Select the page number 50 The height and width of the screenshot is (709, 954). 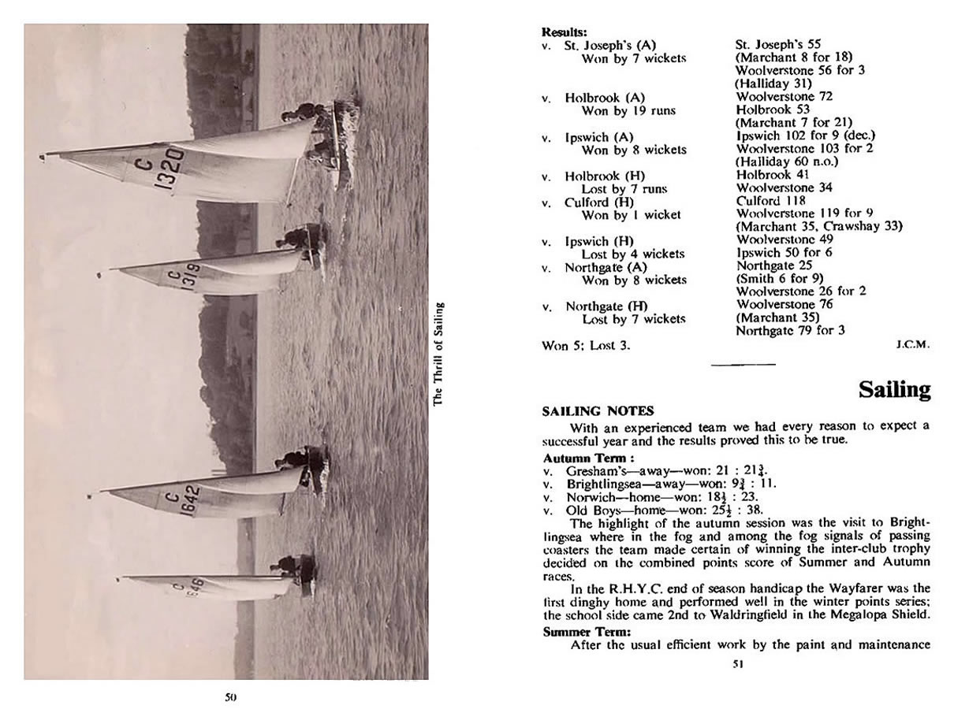coord(231,696)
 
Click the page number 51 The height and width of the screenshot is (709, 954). coord(738,664)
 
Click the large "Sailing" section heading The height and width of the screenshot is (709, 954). coord(894,390)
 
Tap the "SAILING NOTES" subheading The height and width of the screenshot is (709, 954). coord(598,410)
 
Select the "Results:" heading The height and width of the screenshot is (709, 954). coord(565,32)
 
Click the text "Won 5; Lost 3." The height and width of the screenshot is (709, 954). coord(587,345)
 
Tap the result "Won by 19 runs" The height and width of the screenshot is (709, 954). coord(628,110)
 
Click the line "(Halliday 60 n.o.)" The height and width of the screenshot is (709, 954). coord(786,161)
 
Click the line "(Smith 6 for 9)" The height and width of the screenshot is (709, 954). coord(779,277)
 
